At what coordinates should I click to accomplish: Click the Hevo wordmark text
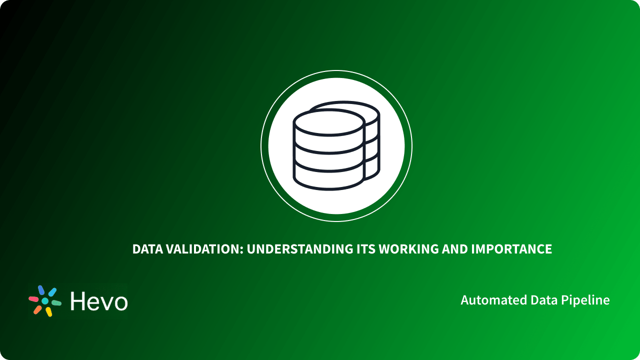point(99,301)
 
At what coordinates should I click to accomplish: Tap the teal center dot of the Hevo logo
point(45,301)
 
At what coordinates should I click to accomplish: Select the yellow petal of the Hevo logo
point(49,312)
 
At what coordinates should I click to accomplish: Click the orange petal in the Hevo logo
point(37,310)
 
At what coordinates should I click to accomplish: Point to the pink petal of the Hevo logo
point(33,299)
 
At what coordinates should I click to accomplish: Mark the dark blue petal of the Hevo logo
point(41,290)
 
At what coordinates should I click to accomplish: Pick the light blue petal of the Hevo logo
point(52,291)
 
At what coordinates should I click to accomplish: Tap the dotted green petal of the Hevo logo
point(56,303)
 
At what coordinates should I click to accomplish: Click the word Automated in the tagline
point(485,300)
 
